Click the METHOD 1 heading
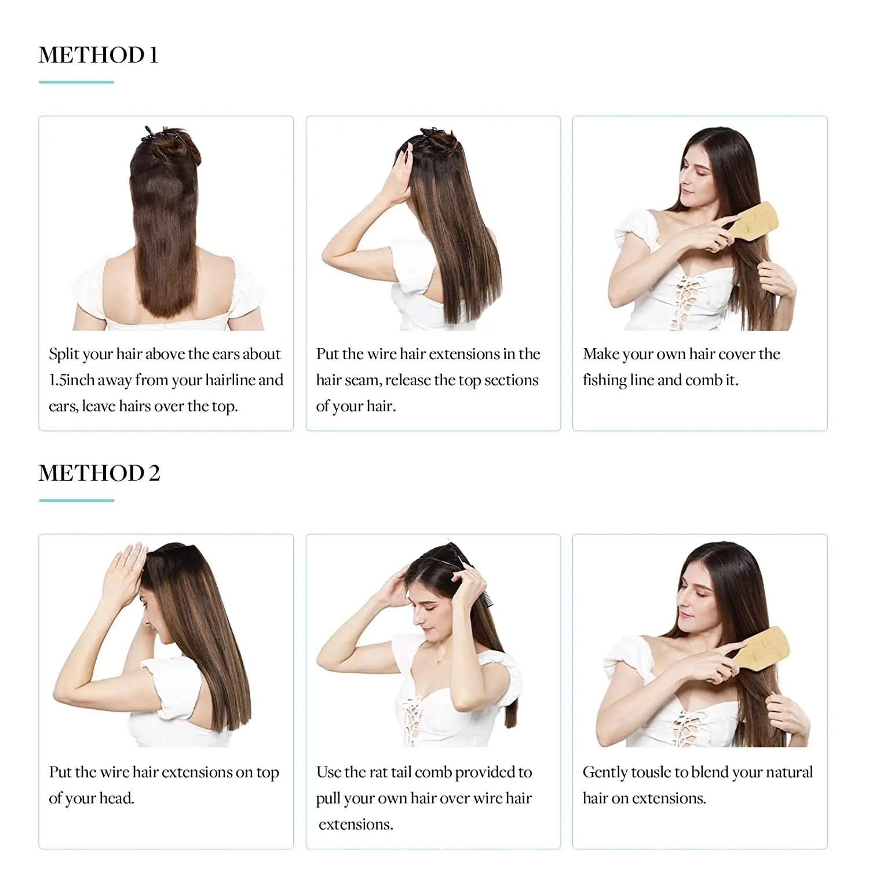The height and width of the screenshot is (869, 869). click(98, 55)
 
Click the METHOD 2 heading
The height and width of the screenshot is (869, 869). click(99, 473)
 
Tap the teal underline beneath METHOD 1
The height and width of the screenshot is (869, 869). click(76, 82)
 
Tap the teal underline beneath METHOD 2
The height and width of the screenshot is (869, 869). click(76, 500)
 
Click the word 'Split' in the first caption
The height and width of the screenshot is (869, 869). click(64, 354)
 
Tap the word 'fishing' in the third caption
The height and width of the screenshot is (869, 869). click(604, 381)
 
